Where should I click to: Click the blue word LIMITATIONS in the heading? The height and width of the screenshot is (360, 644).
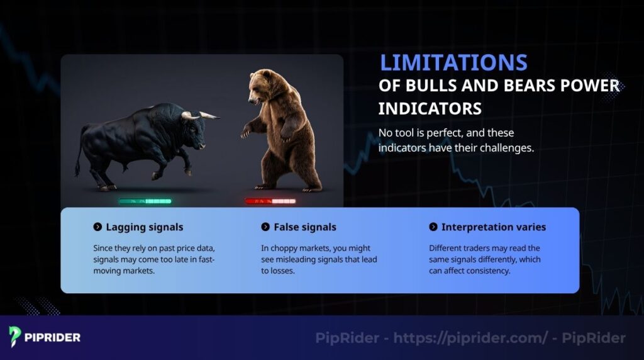click(453, 63)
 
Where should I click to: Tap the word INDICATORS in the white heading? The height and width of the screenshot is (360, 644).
click(430, 108)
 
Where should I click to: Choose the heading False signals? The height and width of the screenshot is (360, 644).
click(304, 227)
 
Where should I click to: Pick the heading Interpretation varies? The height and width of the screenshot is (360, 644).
click(493, 227)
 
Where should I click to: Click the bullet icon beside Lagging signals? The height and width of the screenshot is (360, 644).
click(97, 227)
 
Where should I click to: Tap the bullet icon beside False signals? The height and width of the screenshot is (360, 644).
click(265, 227)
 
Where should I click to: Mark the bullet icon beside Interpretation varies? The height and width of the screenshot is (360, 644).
click(433, 227)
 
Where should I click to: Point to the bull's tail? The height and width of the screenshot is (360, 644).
click(79, 157)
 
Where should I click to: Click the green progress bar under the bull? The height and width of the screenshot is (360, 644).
click(145, 201)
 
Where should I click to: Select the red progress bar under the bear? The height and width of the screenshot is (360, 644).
click(270, 201)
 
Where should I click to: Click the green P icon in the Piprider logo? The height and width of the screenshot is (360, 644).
click(15, 337)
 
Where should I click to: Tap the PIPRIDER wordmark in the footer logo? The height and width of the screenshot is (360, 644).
click(53, 337)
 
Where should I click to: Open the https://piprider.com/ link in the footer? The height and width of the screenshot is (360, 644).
click(470, 338)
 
